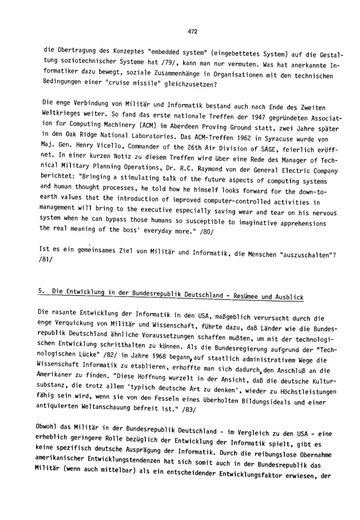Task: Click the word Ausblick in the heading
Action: point(291,297)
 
